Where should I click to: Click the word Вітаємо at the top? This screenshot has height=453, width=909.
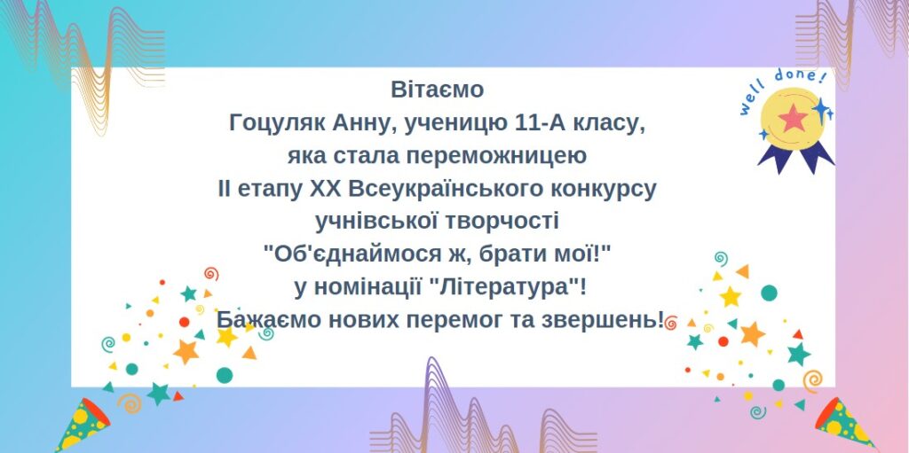(437, 90)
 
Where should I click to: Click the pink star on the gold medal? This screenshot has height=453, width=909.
(793, 119)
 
